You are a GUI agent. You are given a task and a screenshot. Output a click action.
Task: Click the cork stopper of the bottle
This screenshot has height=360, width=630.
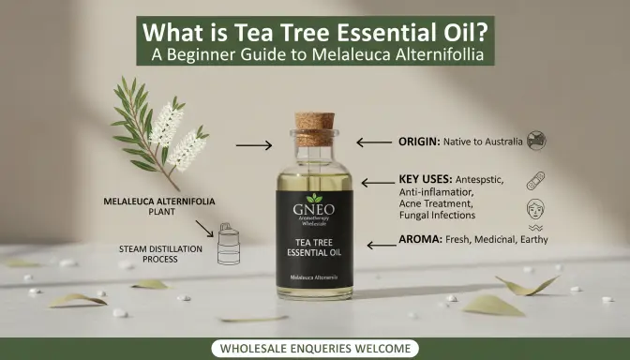pyautogui.click(x=314, y=129)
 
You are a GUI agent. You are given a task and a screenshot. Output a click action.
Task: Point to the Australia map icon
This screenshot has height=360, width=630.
pyautogui.click(x=536, y=142)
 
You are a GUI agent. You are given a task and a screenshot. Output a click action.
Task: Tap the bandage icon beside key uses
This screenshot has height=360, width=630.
pyautogui.click(x=536, y=180)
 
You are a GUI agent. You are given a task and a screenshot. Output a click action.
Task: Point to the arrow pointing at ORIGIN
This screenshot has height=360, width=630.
pyautogui.click(x=373, y=142)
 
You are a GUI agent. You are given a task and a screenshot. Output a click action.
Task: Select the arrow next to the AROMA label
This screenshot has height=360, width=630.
pyautogui.click(x=381, y=244)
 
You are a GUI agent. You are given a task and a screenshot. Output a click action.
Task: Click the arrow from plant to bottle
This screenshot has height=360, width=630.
pyautogui.click(x=253, y=145)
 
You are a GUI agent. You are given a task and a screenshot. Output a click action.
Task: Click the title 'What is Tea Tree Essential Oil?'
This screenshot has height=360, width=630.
pyautogui.click(x=314, y=29)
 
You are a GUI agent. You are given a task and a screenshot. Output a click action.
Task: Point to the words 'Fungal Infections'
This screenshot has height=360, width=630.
pyautogui.click(x=438, y=216)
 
